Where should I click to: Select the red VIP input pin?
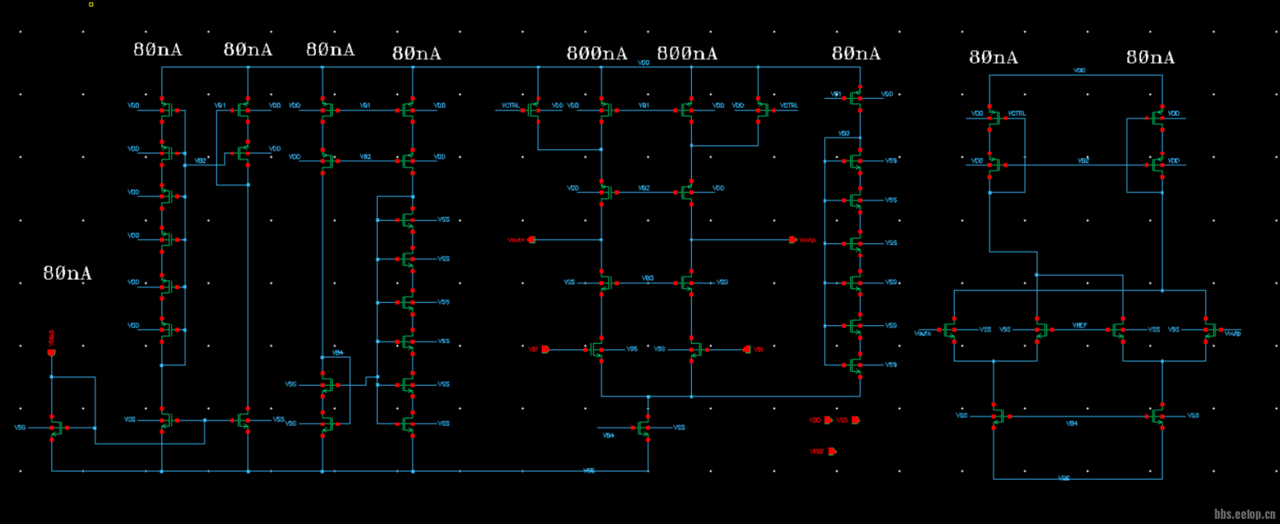(546, 349)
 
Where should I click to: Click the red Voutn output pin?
(531, 240)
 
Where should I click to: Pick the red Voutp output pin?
(793, 240)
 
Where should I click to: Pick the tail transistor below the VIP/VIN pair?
(644, 428)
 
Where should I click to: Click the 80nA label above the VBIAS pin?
(67, 274)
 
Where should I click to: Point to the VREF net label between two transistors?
(1080, 326)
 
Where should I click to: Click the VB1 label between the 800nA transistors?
(645, 105)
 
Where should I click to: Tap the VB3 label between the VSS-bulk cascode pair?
(648, 278)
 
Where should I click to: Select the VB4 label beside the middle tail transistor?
(608, 435)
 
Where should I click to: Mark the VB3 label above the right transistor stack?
(844, 134)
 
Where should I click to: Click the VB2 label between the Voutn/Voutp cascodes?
(645, 188)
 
